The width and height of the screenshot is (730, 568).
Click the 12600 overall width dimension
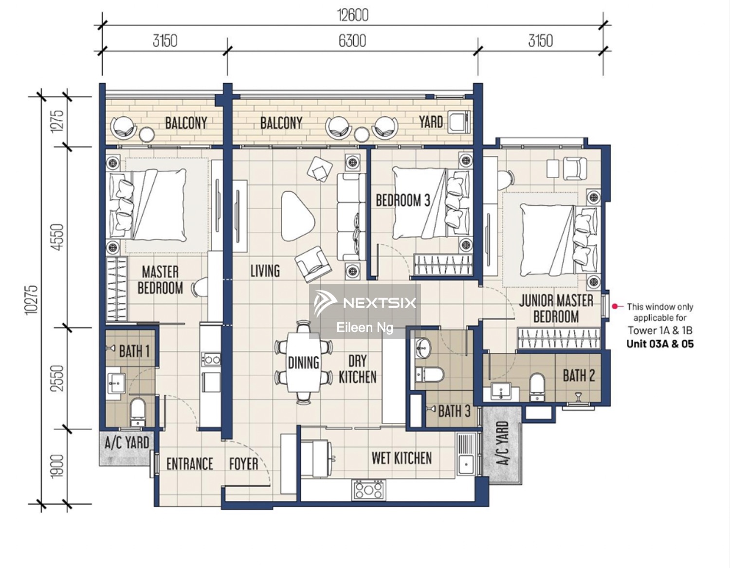coord(353,16)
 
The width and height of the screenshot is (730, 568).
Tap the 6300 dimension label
coord(352,41)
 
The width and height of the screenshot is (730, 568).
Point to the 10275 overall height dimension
coord(32,300)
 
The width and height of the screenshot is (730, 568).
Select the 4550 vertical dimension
coord(58,237)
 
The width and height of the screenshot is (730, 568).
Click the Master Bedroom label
coord(160,280)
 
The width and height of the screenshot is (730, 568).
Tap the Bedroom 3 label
coord(403,200)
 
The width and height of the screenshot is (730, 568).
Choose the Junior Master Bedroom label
coord(556,309)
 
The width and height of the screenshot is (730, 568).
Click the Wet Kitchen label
coord(401,458)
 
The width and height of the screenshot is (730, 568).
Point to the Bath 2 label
coord(579,375)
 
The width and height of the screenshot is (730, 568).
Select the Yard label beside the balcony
coord(431,122)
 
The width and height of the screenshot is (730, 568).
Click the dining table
coord(303,362)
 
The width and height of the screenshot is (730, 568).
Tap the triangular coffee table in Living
coord(297,216)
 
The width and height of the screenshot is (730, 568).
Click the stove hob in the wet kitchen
coord(368,490)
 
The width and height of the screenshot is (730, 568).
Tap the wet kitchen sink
coord(467,455)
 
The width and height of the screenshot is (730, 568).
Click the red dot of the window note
coord(615,306)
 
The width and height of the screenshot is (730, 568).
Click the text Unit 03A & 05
coord(660,344)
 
